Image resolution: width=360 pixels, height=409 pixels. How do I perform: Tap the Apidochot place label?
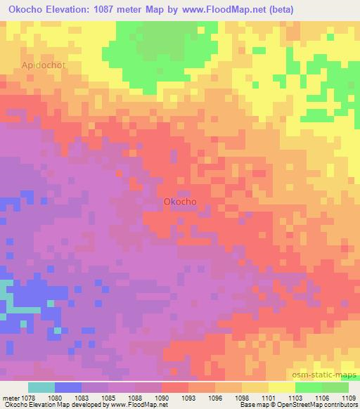(x=44, y=65)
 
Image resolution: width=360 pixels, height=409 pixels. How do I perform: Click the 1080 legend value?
(x=65, y=398)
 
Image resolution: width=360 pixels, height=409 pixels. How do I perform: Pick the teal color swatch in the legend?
(x=41, y=387)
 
